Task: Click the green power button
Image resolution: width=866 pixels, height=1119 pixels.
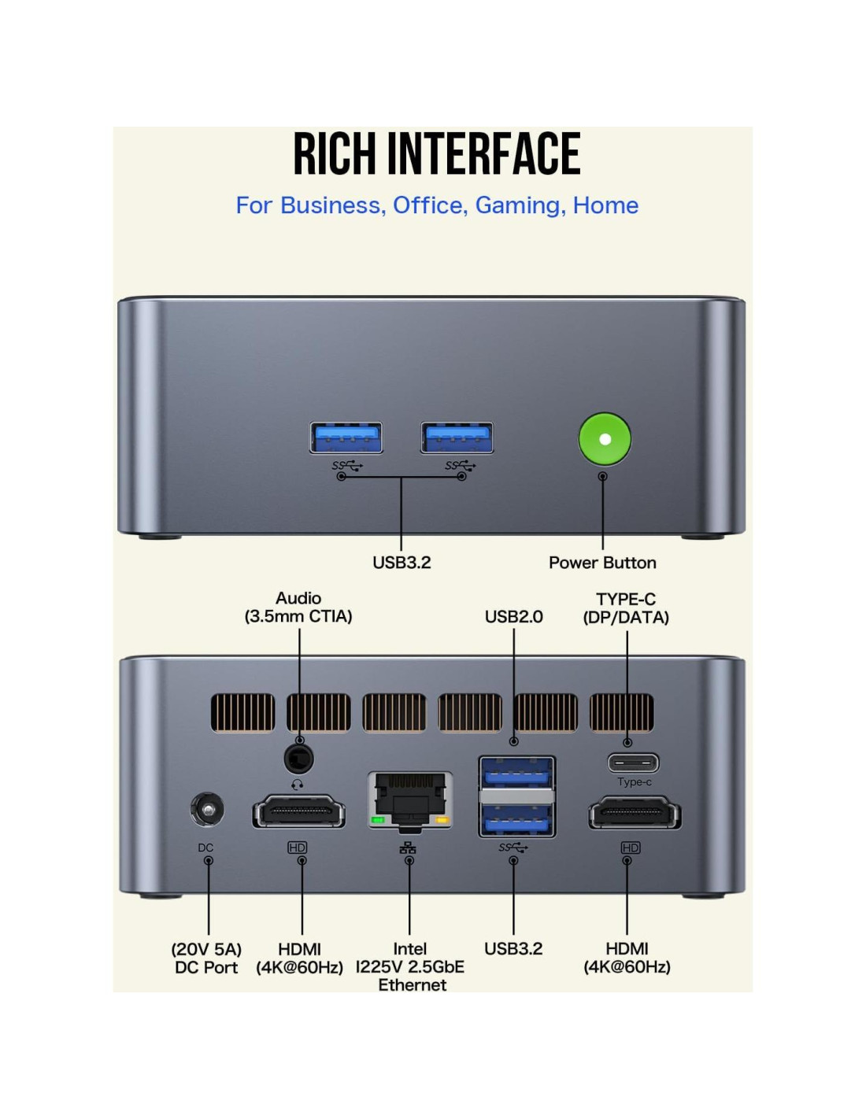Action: click(x=605, y=439)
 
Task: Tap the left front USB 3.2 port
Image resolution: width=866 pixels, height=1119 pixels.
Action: click(x=346, y=438)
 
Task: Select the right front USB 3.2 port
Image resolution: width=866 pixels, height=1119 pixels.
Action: click(x=457, y=438)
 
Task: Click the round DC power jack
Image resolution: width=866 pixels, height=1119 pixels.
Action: click(x=207, y=810)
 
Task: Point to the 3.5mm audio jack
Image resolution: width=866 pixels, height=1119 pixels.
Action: click(x=298, y=760)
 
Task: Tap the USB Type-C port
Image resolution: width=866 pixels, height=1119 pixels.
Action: click(x=633, y=763)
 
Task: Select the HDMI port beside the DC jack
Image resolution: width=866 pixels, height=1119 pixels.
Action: click(x=299, y=811)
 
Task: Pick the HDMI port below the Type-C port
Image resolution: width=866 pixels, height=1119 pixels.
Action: click(x=635, y=812)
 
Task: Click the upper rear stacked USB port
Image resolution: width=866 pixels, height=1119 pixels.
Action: click(x=516, y=773)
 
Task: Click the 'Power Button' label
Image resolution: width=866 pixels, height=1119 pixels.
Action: click(x=602, y=563)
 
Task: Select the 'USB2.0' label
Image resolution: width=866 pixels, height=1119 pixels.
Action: click(x=513, y=616)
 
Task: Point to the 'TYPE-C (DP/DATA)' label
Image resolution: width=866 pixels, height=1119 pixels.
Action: click(x=626, y=608)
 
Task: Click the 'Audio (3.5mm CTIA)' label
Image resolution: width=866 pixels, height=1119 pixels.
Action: click(x=298, y=608)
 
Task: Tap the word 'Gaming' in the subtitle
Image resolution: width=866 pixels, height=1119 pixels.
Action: click(x=517, y=205)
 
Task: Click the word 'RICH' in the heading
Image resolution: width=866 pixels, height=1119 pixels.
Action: click(x=335, y=153)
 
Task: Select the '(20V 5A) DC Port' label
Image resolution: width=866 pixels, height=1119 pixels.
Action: click(x=206, y=958)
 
